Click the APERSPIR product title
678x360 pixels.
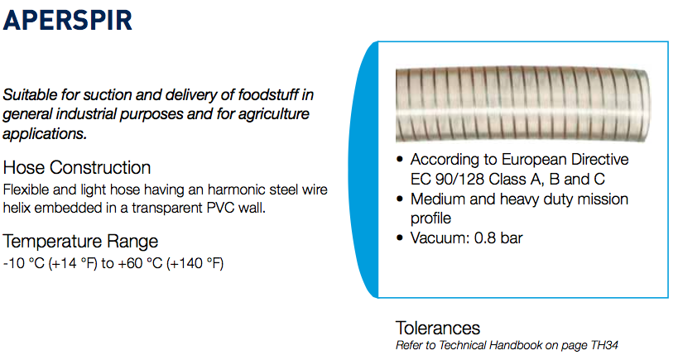67,21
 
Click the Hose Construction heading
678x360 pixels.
77,168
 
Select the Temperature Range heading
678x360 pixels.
80,241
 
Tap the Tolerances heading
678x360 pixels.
438,328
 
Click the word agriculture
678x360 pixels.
274,114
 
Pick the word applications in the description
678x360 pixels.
45,134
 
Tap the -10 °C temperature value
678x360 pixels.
24,263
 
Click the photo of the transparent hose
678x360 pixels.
522,104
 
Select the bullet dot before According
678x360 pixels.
400,160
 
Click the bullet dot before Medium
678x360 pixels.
400,199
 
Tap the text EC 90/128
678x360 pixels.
447,179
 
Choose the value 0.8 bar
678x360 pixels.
498,238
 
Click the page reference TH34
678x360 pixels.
604,345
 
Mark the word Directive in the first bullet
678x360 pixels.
599,160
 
